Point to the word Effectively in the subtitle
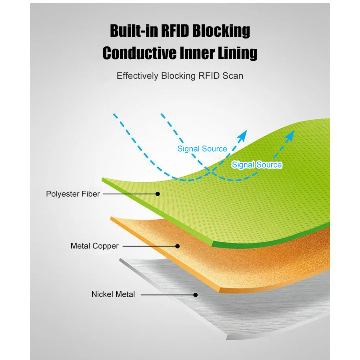tap(137, 76)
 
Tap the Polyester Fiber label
tap(73, 194)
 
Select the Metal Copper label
tap(94, 246)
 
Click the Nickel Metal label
tap(113, 294)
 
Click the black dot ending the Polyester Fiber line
tap(158, 194)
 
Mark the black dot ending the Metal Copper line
tap(177, 246)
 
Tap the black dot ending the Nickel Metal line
tap(196, 295)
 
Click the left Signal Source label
tap(202, 149)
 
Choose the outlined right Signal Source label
tap(257, 165)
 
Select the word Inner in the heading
tap(197, 53)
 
